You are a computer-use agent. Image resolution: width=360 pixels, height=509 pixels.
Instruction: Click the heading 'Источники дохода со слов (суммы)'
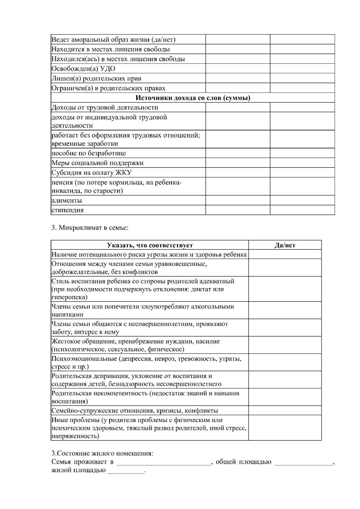[x=193, y=98]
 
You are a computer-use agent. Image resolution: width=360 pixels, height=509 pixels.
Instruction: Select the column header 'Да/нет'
[x=285, y=245]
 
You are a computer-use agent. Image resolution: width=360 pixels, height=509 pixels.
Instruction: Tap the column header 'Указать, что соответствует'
[x=150, y=245]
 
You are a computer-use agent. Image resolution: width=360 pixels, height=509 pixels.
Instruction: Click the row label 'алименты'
[x=67, y=200]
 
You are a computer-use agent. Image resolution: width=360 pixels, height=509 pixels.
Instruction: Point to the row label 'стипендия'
[x=67, y=210]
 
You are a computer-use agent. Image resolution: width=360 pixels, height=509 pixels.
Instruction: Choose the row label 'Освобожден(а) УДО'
[x=83, y=69]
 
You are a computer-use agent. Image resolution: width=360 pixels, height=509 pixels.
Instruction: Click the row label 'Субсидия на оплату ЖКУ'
[x=91, y=173]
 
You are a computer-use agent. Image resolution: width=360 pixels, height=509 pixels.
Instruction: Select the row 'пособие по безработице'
[x=89, y=153]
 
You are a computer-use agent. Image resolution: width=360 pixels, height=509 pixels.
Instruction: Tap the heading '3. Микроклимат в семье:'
[x=90, y=228]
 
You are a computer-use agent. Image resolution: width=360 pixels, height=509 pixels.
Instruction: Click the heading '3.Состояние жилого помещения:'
[x=102, y=453]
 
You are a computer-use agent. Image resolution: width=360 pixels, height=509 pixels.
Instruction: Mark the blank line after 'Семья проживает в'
[x=163, y=462]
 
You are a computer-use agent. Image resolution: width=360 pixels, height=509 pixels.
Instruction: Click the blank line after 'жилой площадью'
[x=126, y=471]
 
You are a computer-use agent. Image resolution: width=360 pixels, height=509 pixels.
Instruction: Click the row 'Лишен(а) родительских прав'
[x=96, y=79]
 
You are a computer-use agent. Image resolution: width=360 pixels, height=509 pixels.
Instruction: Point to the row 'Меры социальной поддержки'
[x=97, y=163]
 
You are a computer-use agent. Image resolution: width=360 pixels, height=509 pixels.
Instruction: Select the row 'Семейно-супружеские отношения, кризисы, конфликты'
[x=135, y=411]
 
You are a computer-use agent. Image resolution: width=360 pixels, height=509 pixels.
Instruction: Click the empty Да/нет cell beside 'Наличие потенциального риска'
[x=285, y=255]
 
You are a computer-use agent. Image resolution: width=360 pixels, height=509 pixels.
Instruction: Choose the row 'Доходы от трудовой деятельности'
[x=105, y=107]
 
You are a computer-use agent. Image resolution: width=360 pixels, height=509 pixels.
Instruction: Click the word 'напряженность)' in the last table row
[x=75, y=436]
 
